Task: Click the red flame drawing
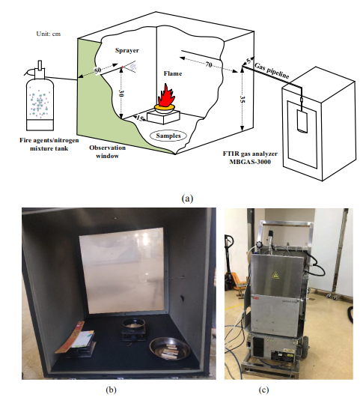coord(166,96)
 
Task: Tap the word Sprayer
coord(127,50)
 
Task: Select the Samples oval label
coord(168,136)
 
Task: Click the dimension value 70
coord(209,65)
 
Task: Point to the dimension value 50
coord(97,70)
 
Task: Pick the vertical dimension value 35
coord(242,100)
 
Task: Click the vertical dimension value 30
coord(121,94)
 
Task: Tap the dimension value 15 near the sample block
coord(140,118)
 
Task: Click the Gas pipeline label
coord(272,71)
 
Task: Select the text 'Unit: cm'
coord(49,34)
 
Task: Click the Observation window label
coord(107,151)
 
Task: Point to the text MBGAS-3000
coord(250,162)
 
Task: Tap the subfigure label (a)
coord(187,198)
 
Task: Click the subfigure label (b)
coord(111,390)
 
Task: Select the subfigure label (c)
coord(263,390)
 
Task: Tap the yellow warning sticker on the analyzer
coord(275,274)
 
